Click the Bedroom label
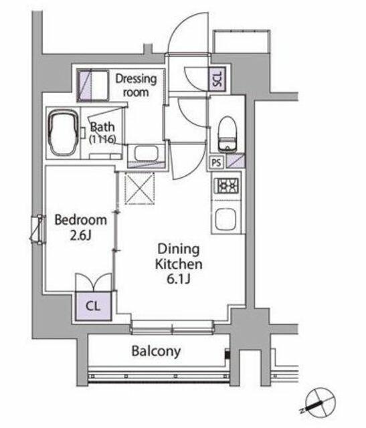click(x=80, y=220)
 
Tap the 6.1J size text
click(x=179, y=279)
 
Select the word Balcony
click(x=156, y=351)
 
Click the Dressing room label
click(x=136, y=86)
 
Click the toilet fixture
click(x=227, y=134)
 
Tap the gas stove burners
click(x=226, y=186)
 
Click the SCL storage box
click(x=217, y=79)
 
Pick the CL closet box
click(x=94, y=306)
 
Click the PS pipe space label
click(x=216, y=163)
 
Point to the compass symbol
click(x=319, y=402)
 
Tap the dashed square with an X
click(x=140, y=188)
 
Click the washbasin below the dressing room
click(x=147, y=154)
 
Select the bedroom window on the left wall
click(x=38, y=229)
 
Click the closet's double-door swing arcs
click(x=94, y=282)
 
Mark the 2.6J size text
click(x=80, y=235)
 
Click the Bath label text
click(x=102, y=127)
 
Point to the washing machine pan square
click(x=93, y=86)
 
